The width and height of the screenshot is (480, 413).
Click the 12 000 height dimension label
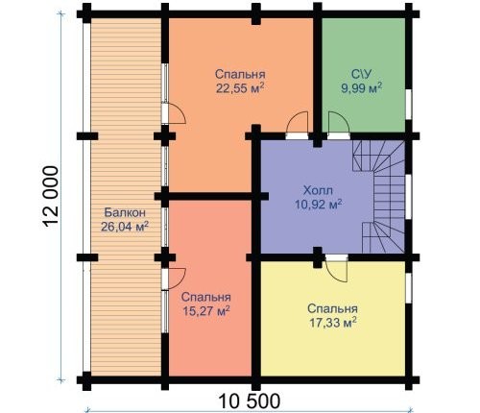tap(51, 196)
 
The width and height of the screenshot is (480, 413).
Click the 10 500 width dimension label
tap(250, 401)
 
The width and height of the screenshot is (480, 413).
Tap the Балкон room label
tap(125, 212)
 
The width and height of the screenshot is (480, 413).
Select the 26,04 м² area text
tap(125, 227)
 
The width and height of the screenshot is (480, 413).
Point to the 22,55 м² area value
tap(240, 87)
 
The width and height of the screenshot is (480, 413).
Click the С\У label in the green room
tap(362, 74)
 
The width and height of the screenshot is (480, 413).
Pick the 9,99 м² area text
tap(362, 87)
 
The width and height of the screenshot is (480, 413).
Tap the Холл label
tap(318, 190)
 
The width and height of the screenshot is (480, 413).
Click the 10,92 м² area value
tap(318, 204)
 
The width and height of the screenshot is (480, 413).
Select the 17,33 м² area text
tap(333, 323)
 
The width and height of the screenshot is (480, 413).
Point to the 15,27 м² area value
tap(206, 310)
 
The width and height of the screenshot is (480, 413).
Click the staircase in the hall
tap(378, 196)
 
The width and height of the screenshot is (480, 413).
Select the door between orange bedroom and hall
tap(297, 125)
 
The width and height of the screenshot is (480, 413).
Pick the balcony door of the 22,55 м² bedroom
tap(173, 113)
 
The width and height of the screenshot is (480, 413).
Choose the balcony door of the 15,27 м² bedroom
tap(173, 279)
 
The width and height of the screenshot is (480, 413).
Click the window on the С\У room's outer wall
tap(409, 105)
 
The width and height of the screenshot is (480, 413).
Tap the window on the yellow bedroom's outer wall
tap(409, 288)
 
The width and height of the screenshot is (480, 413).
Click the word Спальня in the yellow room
tap(333, 309)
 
